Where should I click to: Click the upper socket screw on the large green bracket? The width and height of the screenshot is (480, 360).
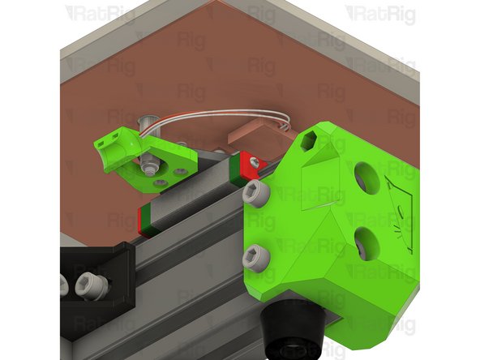(x=256, y=194)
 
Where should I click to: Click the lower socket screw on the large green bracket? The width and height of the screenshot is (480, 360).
(x=256, y=258)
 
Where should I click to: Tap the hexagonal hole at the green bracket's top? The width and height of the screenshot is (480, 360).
(x=308, y=141)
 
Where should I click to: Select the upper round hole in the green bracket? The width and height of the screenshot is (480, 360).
(x=366, y=178)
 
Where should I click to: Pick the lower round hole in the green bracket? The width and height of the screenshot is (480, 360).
(x=366, y=244)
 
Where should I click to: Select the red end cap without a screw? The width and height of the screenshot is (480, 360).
(x=145, y=221)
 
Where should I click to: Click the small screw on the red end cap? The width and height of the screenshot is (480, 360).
(x=255, y=162)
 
